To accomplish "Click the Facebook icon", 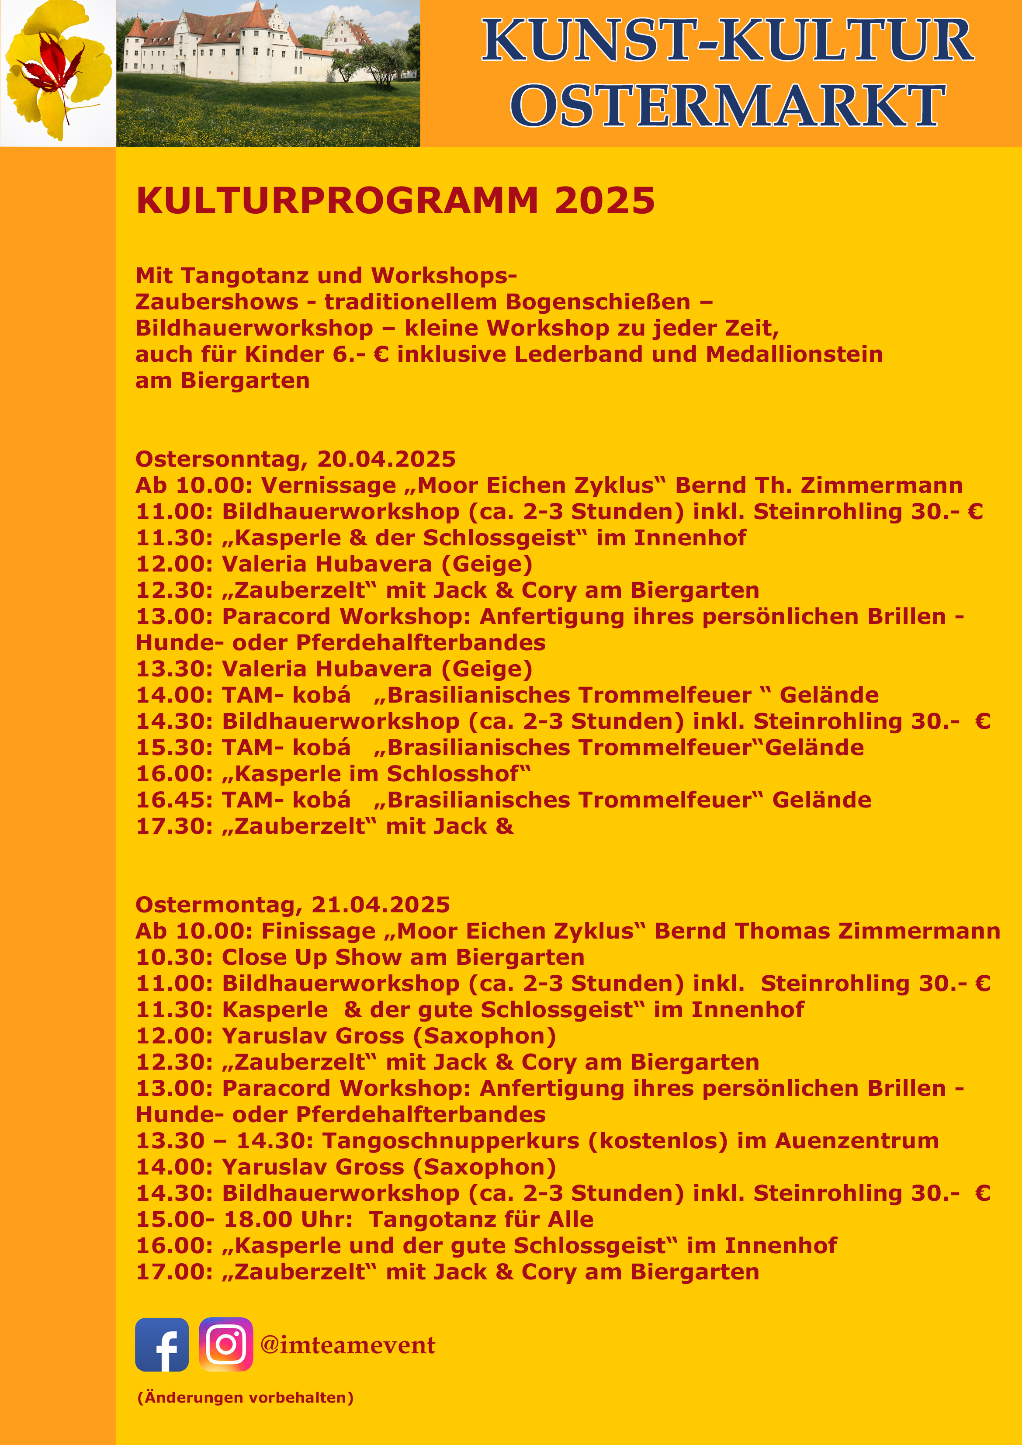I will pos(162,1345).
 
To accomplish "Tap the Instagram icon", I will pos(226,1345).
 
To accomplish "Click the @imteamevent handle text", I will pos(347,1345).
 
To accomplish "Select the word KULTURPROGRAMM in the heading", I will pos(337,201).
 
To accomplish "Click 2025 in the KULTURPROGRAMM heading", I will pos(605,201).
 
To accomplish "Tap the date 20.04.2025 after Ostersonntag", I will pos(386,459).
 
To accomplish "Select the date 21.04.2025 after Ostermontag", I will pos(381,905).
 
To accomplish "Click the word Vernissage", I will pos(329,486).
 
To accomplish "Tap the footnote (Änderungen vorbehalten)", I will pos(246,1398).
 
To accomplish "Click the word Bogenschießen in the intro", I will pos(598,302).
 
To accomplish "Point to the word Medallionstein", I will pos(794,354).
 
